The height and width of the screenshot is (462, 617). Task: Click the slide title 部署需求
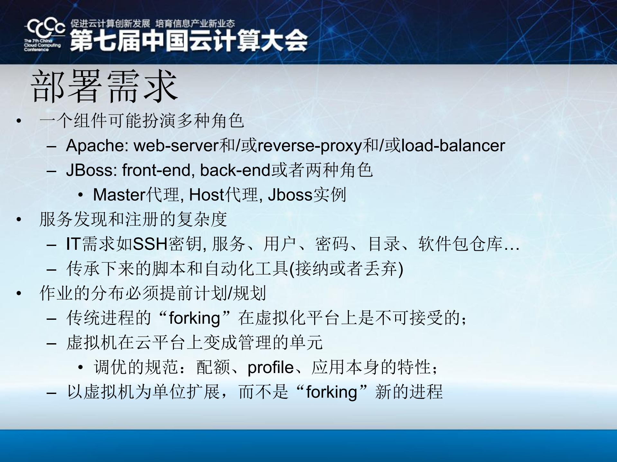pyautogui.click(x=104, y=86)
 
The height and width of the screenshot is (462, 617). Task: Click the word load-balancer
pyautogui.click(x=453, y=145)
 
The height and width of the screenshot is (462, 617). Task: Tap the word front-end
pyautogui.click(x=158, y=170)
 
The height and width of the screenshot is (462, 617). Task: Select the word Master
pyautogui.click(x=119, y=195)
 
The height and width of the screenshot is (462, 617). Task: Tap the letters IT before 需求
pyautogui.click(x=73, y=244)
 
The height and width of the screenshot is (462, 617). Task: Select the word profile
pyautogui.click(x=270, y=367)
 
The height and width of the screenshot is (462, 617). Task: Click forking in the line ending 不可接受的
pyautogui.click(x=194, y=318)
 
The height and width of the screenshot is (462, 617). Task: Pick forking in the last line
pyautogui.click(x=331, y=392)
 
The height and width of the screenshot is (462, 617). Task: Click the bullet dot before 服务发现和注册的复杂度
pyautogui.click(x=19, y=220)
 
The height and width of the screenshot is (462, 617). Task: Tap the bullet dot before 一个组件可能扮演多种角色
pyautogui.click(x=19, y=121)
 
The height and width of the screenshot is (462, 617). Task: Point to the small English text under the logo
pyautogui.click(x=42, y=45)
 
